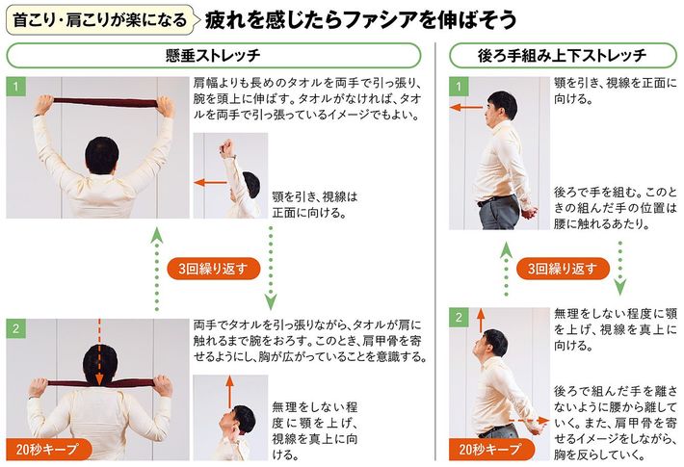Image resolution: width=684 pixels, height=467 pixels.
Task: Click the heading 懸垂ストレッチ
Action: tap(213, 56)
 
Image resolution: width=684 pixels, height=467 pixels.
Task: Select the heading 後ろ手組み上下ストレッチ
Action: tap(562, 56)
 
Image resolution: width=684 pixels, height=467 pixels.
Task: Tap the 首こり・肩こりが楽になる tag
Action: tap(100, 19)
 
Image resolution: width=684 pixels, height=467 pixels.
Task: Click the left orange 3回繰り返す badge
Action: tap(213, 269)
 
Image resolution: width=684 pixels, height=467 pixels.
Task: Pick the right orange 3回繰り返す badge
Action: tap(563, 269)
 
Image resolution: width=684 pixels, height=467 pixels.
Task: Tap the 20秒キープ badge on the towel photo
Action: tap(48, 449)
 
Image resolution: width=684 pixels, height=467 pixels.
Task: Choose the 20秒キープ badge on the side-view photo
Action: tap(490, 449)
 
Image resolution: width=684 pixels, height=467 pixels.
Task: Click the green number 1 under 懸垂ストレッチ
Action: tap(15, 87)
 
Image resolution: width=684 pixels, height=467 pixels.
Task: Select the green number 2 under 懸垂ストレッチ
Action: tap(15, 328)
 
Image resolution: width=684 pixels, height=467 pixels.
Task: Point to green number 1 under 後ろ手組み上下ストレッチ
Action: tap(459, 87)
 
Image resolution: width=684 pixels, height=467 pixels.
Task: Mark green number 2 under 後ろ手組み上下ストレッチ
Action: tap(459, 317)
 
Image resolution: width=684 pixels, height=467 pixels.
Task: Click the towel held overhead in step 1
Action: tap(105, 103)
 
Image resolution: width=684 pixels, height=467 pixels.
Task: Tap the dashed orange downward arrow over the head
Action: tap(99, 351)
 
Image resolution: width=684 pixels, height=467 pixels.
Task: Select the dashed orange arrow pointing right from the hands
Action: tap(529, 421)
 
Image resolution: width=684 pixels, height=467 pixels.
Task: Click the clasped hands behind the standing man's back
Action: tap(528, 214)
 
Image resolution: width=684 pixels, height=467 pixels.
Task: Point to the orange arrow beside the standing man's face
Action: tap(466, 107)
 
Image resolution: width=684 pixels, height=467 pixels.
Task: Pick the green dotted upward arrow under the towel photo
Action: tap(157, 270)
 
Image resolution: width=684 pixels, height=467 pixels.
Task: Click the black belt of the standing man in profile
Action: tap(495, 200)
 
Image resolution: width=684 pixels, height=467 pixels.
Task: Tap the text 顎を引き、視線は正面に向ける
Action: tap(315, 205)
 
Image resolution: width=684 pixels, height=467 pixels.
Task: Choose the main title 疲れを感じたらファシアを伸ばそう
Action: tap(360, 20)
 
